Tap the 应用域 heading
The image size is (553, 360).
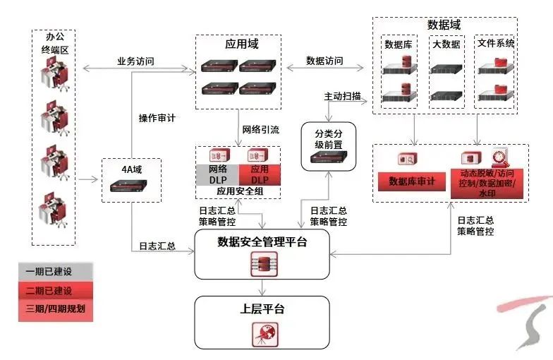(241, 44)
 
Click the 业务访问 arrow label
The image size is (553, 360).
(135, 61)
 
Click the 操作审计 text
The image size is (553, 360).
(157, 119)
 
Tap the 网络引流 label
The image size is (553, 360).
(261, 129)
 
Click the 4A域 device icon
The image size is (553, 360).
(133, 186)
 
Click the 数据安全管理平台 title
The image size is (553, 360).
(262, 242)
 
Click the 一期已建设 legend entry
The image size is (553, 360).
(55, 271)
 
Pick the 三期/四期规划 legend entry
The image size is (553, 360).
(55, 309)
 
